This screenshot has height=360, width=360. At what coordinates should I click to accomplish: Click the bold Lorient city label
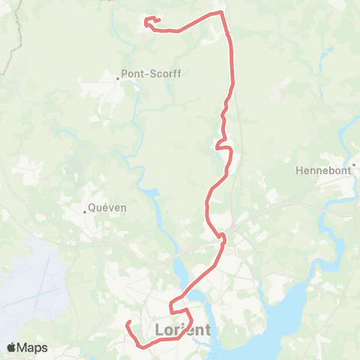(x=183, y=329)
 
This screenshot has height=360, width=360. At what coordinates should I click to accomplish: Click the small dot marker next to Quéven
(x=85, y=211)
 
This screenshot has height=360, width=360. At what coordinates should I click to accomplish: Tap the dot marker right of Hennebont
(x=353, y=165)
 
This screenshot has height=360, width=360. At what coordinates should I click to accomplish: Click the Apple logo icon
(x=11, y=347)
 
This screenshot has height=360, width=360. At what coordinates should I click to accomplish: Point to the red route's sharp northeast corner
(x=221, y=12)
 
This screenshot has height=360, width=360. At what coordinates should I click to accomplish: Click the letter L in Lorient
(x=157, y=329)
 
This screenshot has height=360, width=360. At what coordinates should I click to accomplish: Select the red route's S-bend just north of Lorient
(x=175, y=307)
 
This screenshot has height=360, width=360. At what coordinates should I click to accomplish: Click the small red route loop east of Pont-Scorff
(x=220, y=145)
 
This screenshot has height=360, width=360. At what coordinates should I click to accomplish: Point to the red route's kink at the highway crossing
(x=222, y=238)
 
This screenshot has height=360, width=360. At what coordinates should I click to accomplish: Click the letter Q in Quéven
(x=92, y=208)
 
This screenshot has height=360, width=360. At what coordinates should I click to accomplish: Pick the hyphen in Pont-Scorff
(x=148, y=74)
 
